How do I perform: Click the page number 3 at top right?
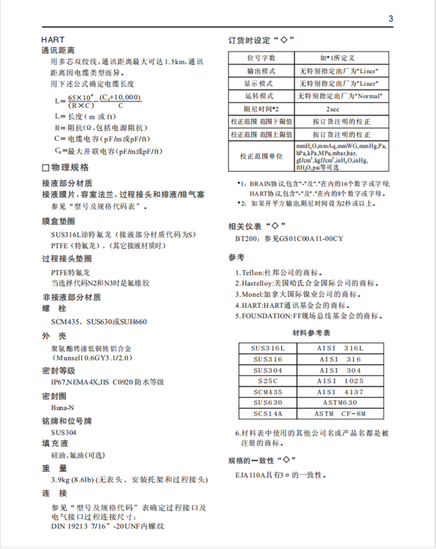click(391, 19)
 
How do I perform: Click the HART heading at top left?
click(53, 40)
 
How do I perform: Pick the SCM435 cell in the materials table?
click(268, 392)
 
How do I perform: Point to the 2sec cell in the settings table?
click(333, 109)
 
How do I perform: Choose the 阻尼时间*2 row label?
click(262, 109)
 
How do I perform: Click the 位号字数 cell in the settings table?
click(262, 58)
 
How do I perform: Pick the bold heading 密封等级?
click(59, 370)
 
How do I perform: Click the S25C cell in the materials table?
click(268, 381)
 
